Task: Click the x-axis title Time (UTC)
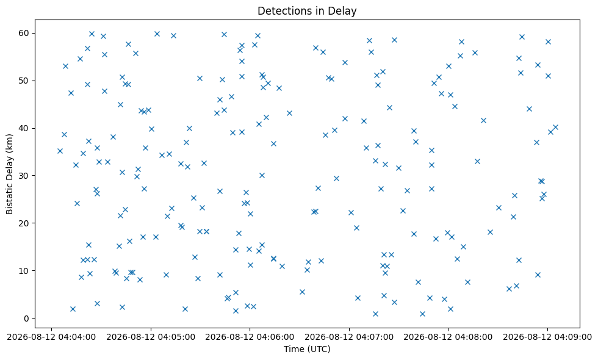pyautogui.click(x=307, y=349)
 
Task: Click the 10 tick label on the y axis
pyautogui.click(x=24, y=271)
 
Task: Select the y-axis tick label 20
pyautogui.click(x=24, y=223)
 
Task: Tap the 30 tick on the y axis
pyautogui.click(x=24, y=176)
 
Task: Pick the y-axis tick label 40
pyautogui.click(x=24, y=128)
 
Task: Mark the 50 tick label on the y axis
pyautogui.click(x=24, y=81)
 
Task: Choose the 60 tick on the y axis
pyautogui.click(x=24, y=33)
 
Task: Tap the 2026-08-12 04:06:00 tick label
pyautogui.click(x=250, y=337)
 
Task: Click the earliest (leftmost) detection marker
pyautogui.click(x=60, y=151)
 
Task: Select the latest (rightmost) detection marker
pyautogui.click(x=555, y=128)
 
